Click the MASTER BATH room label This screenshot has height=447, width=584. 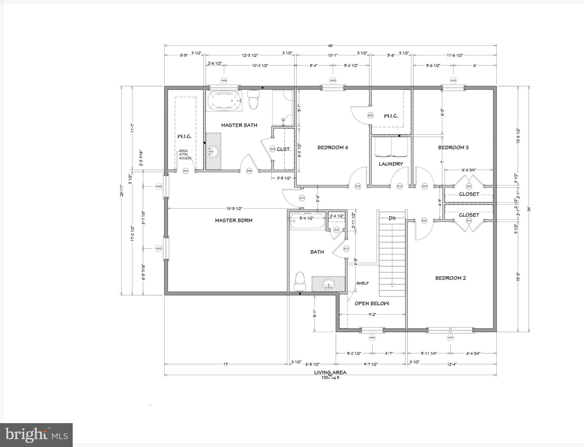[x=239, y=125]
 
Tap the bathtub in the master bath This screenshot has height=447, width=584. [x=224, y=101]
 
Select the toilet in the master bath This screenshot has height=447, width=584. [x=254, y=100]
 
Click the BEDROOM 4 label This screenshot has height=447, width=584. [x=332, y=148]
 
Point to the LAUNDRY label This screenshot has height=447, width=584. [x=391, y=164]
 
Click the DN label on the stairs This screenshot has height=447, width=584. [x=392, y=218]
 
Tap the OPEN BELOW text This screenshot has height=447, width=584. [x=372, y=304]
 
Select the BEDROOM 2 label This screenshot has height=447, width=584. [x=451, y=278]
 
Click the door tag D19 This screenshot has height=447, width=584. [x=302, y=198]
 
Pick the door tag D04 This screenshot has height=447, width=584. [x=185, y=171]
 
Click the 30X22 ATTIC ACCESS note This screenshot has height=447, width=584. [x=185, y=155]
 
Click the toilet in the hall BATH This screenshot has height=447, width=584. [x=300, y=281]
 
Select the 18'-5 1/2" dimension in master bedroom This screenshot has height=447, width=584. [x=234, y=208]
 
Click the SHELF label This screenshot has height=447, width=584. [x=363, y=283]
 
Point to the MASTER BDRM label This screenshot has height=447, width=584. [x=234, y=221]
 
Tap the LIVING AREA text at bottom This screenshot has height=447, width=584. [x=330, y=372]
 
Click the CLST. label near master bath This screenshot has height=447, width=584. [x=284, y=149]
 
